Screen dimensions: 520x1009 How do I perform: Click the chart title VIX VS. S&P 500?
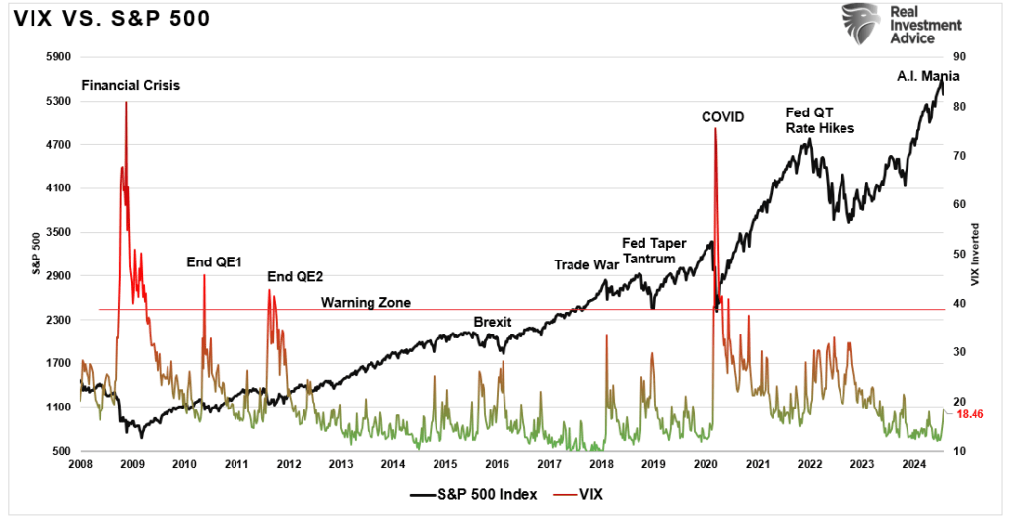[x=111, y=20]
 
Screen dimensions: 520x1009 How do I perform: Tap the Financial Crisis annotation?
[x=130, y=85]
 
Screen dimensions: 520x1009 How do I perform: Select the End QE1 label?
[x=207, y=262]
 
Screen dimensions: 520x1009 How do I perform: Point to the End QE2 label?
[x=288, y=278]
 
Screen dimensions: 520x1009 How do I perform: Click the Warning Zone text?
[x=366, y=302]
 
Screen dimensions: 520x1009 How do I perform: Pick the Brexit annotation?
[x=493, y=322]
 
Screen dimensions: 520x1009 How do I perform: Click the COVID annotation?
[x=722, y=117]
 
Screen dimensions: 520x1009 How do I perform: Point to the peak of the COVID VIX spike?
[x=714, y=129]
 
